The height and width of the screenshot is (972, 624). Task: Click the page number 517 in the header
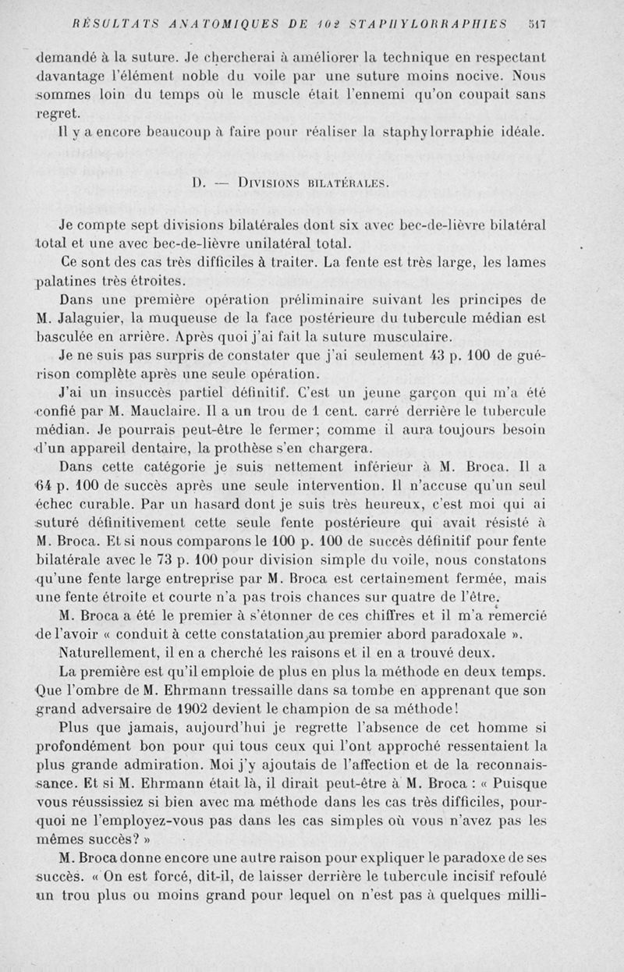tap(536, 24)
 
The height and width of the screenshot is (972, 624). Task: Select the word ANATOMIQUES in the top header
tap(224, 24)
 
